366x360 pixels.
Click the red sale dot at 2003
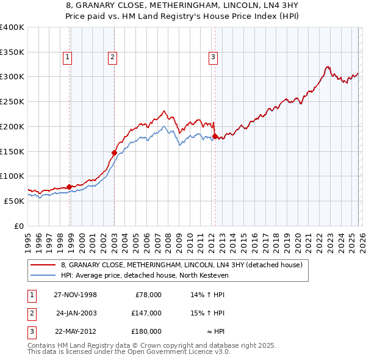(x=114, y=153)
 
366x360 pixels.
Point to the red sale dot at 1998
(x=70, y=187)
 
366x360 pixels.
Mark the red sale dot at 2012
(x=215, y=136)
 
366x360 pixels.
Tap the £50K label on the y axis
(x=14, y=201)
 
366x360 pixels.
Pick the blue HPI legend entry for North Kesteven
(x=144, y=276)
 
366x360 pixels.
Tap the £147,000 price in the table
(x=146, y=313)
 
